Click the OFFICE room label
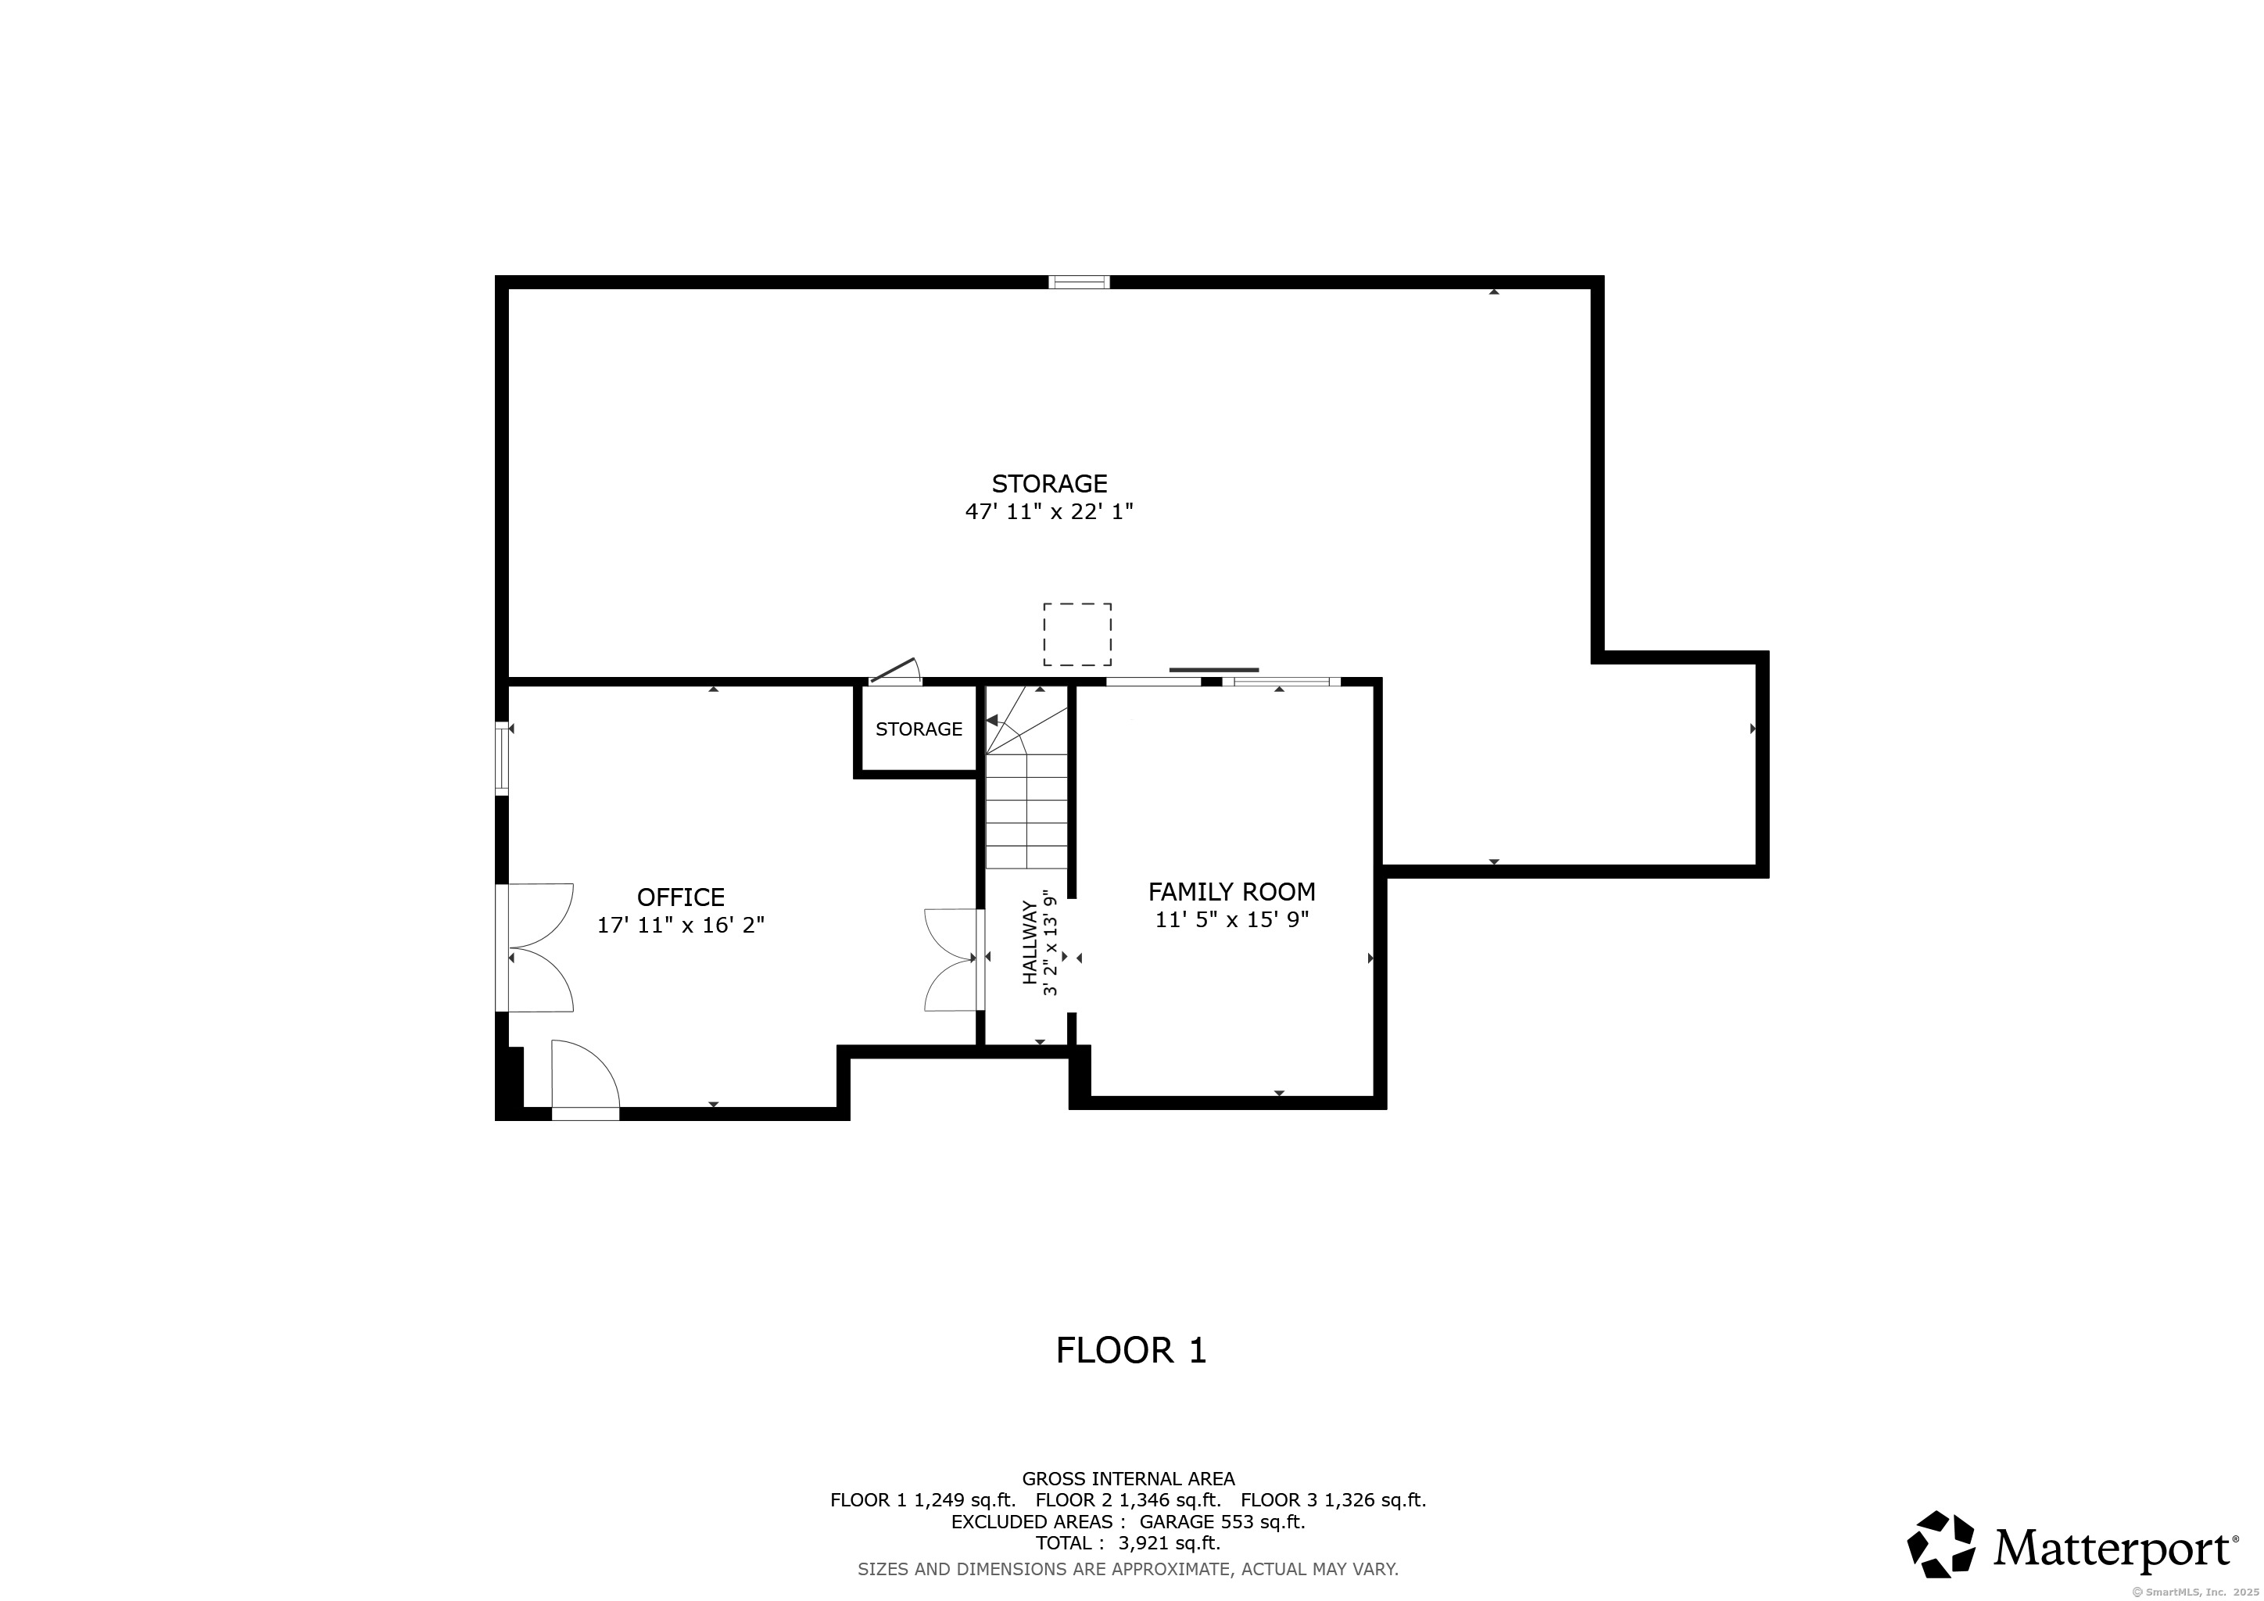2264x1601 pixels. [x=680, y=897]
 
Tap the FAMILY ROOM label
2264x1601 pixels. [x=1231, y=892]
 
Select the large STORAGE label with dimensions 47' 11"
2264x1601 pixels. [x=1049, y=484]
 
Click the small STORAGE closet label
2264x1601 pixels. [x=919, y=729]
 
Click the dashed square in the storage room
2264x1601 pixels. [x=1078, y=635]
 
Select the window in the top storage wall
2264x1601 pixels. [x=1079, y=283]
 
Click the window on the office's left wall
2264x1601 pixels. [x=502, y=758]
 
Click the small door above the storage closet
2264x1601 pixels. [x=895, y=672]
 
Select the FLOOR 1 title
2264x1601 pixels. [x=1131, y=1351]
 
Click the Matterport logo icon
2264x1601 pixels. [x=1940, y=1544]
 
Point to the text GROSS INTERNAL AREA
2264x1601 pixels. [x=1128, y=1479]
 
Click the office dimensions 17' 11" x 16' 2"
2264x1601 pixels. [x=680, y=926]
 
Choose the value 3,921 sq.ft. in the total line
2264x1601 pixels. [x=1169, y=1544]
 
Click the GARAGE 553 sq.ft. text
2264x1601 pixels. [x=1222, y=1522]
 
